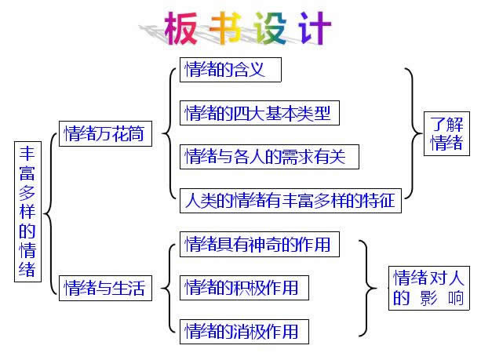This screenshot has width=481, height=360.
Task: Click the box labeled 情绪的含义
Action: (x=231, y=70)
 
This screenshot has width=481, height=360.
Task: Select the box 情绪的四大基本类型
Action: (x=260, y=113)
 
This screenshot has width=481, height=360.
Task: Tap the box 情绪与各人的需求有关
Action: (x=269, y=157)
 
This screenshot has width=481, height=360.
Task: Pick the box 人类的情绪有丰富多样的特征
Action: (x=290, y=201)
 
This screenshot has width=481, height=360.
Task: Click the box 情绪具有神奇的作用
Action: (x=260, y=245)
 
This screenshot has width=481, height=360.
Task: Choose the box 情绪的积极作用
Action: (x=244, y=288)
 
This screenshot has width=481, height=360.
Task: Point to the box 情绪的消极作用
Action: (x=244, y=332)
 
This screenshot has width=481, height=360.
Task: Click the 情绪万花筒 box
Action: (x=105, y=133)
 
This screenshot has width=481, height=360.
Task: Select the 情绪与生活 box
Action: (x=105, y=289)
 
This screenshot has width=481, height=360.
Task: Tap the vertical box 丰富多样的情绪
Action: (x=27, y=212)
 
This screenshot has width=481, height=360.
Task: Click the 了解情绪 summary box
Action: (x=446, y=133)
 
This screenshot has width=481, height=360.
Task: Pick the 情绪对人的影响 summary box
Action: (x=429, y=289)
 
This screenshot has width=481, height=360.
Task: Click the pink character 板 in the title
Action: (x=181, y=28)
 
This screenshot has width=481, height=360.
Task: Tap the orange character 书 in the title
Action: (x=225, y=27)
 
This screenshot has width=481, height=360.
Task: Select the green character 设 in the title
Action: (x=271, y=27)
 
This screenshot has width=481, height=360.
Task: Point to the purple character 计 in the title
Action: (x=315, y=27)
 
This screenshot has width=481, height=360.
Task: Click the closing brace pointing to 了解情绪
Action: (x=413, y=133)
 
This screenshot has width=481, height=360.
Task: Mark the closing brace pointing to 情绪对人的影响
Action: (x=367, y=289)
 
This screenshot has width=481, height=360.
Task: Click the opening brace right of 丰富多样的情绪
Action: (x=50, y=213)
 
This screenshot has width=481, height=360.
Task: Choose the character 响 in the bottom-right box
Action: (x=456, y=298)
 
